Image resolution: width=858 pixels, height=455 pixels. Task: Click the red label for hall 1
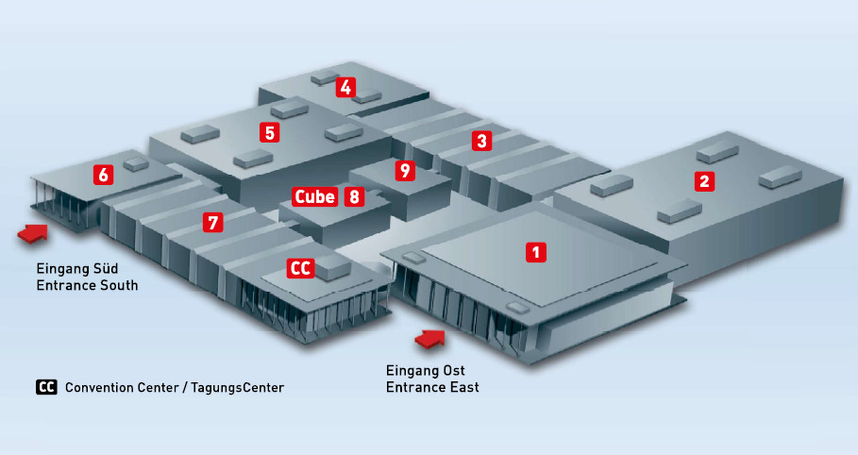point(536,252)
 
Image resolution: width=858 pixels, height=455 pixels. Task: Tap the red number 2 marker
point(703,181)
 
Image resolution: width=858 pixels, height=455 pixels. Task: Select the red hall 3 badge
point(482,142)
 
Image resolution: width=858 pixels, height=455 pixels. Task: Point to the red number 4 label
point(346,88)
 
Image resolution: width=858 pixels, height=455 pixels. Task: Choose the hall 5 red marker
point(271,132)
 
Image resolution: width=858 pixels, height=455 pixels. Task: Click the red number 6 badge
point(103,175)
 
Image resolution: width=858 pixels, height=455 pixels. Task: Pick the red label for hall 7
point(213,223)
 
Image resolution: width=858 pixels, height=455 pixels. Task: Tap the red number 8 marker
point(354,196)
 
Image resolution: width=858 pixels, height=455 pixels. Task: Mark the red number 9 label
point(405,171)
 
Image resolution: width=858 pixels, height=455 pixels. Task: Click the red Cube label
point(314,196)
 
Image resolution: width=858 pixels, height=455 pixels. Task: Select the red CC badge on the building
point(300,268)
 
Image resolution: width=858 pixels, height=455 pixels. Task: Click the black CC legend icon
point(46,387)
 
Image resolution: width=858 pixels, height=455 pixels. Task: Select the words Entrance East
point(432,387)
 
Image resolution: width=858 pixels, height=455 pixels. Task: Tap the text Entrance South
point(87,285)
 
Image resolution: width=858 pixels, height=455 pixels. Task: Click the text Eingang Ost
point(426,370)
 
